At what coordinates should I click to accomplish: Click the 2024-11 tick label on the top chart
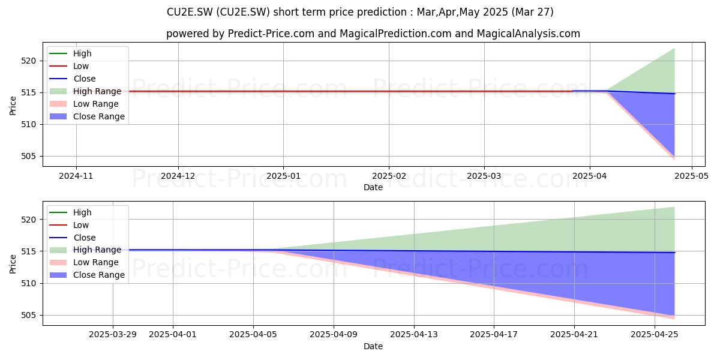pyautogui.click(x=76, y=176)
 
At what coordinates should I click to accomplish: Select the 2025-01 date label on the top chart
pyautogui.click(x=283, y=176)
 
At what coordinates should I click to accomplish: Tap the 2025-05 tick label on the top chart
pyautogui.click(x=691, y=176)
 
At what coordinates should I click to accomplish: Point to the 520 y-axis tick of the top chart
pyautogui.click(x=28, y=61)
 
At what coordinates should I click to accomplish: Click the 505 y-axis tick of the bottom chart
pyautogui.click(x=28, y=316)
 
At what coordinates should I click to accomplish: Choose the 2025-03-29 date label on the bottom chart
pyautogui.click(x=113, y=335)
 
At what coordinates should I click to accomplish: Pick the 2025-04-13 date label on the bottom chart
pyautogui.click(x=414, y=335)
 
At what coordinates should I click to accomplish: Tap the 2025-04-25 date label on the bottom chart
pyautogui.click(x=655, y=335)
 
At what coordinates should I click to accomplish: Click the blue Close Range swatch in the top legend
pyautogui.click(x=58, y=116)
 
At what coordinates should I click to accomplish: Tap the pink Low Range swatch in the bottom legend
pyautogui.click(x=58, y=262)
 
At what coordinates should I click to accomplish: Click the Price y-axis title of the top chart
pyautogui.click(x=13, y=106)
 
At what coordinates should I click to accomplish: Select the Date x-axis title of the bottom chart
pyautogui.click(x=373, y=347)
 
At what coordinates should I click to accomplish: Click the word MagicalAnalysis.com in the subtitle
pyautogui.click(x=529, y=34)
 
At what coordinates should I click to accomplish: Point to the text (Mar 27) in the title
pyautogui.click(x=532, y=12)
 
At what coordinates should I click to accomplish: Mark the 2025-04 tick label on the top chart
pyautogui.click(x=589, y=176)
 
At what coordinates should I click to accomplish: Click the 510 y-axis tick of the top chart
pyautogui.click(x=28, y=124)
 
